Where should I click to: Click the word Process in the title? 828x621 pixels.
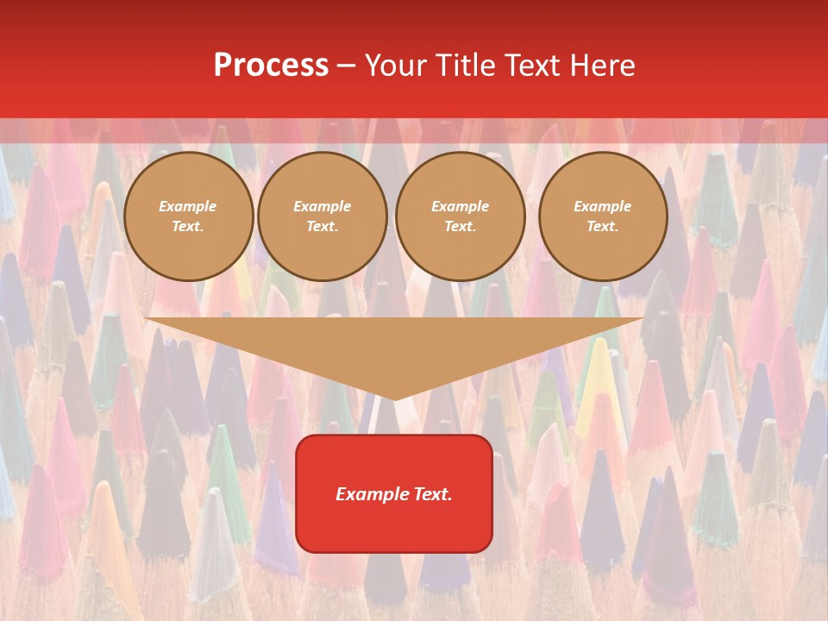point(271,66)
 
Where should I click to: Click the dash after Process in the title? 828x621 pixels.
point(346,66)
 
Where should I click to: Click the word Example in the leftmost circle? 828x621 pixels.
point(188,206)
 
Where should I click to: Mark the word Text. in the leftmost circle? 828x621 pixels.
point(188,226)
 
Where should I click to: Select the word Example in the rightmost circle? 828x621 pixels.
point(603,206)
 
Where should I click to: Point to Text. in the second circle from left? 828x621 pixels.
point(322,226)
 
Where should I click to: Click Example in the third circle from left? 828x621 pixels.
point(460,206)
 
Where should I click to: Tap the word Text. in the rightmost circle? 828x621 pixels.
point(603,226)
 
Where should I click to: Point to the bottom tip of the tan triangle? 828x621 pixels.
point(394,398)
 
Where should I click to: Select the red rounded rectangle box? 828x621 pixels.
point(394,526)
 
